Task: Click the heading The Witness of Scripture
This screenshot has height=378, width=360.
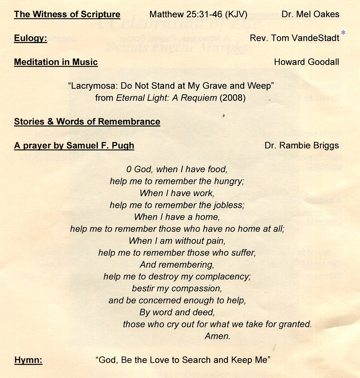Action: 67,15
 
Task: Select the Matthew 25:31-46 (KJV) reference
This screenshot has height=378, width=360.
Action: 198,15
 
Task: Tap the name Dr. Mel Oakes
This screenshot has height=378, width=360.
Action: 310,15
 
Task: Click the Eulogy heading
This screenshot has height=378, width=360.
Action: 30,38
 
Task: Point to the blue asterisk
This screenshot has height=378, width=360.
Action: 343,33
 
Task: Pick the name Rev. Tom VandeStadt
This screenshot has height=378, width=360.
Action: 294,38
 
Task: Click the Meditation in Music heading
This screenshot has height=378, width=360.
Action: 56,62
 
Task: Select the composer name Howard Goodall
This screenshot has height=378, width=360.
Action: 306,62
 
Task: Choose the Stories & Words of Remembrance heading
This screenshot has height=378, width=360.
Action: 87,122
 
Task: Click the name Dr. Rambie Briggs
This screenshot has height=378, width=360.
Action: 302,145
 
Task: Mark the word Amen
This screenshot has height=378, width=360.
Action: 217,336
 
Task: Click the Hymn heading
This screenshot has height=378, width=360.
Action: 28,360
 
